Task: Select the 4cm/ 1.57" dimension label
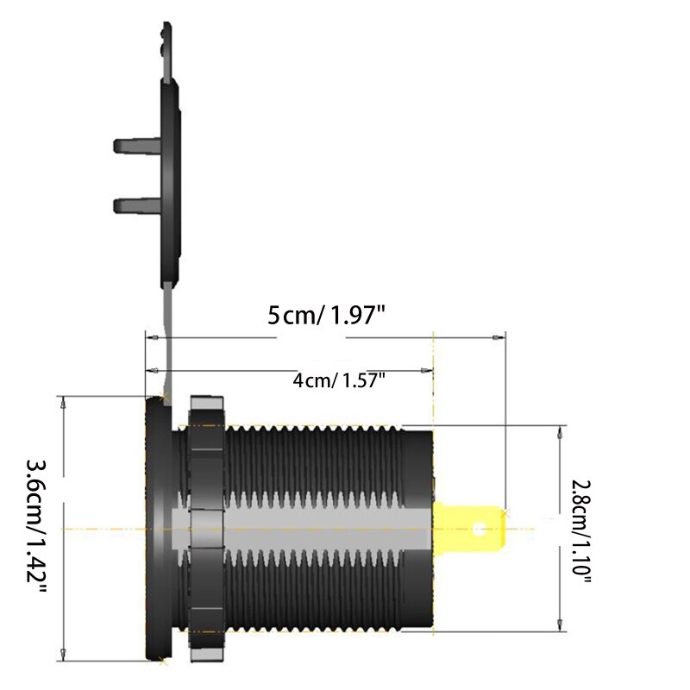(338, 380)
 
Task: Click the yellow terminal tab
(467, 526)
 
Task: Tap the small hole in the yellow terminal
(480, 526)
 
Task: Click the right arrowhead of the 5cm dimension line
(498, 338)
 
